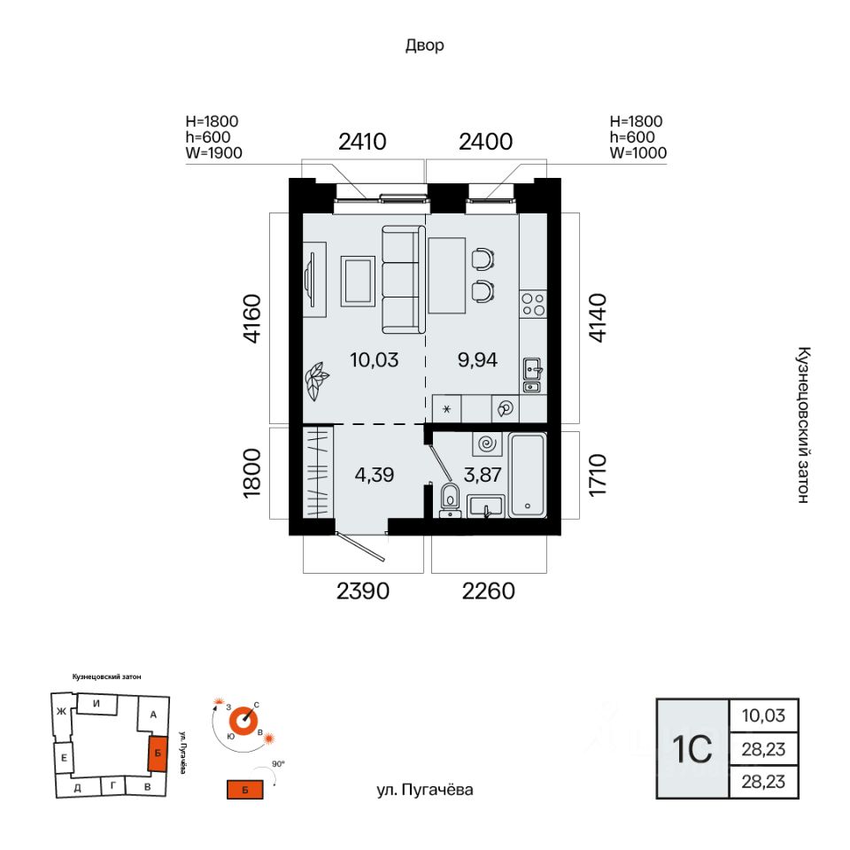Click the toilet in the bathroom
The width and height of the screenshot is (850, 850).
click(x=450, y=499)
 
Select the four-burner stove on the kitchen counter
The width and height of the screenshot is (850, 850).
click(x=533, y=304)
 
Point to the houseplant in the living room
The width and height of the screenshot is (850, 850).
click(x=316, y=381)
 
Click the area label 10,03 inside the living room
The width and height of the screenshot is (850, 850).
click(x=374, y=359)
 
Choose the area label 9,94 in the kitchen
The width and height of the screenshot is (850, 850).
click(x=477, y=359)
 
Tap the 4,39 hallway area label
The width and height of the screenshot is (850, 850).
click(x=374, y=475)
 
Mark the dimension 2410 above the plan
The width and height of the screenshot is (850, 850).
click(x=362, y=142)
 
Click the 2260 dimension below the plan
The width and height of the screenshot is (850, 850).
click(x=488, y=591)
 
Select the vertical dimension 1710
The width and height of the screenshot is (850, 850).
click(x=598, y=475)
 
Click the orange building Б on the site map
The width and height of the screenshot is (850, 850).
click(x=158, y=753)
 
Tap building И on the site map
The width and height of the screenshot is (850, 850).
click(x=97, y=704)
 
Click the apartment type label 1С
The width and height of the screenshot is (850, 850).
click(x=692, y=749)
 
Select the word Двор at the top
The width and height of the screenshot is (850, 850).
click(x=424, y=45)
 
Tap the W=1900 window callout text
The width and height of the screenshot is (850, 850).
click(x=213, y=153)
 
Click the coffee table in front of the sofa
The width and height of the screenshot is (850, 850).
click(x=358, y=281)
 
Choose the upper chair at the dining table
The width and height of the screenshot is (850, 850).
click(x=483, y=259)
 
